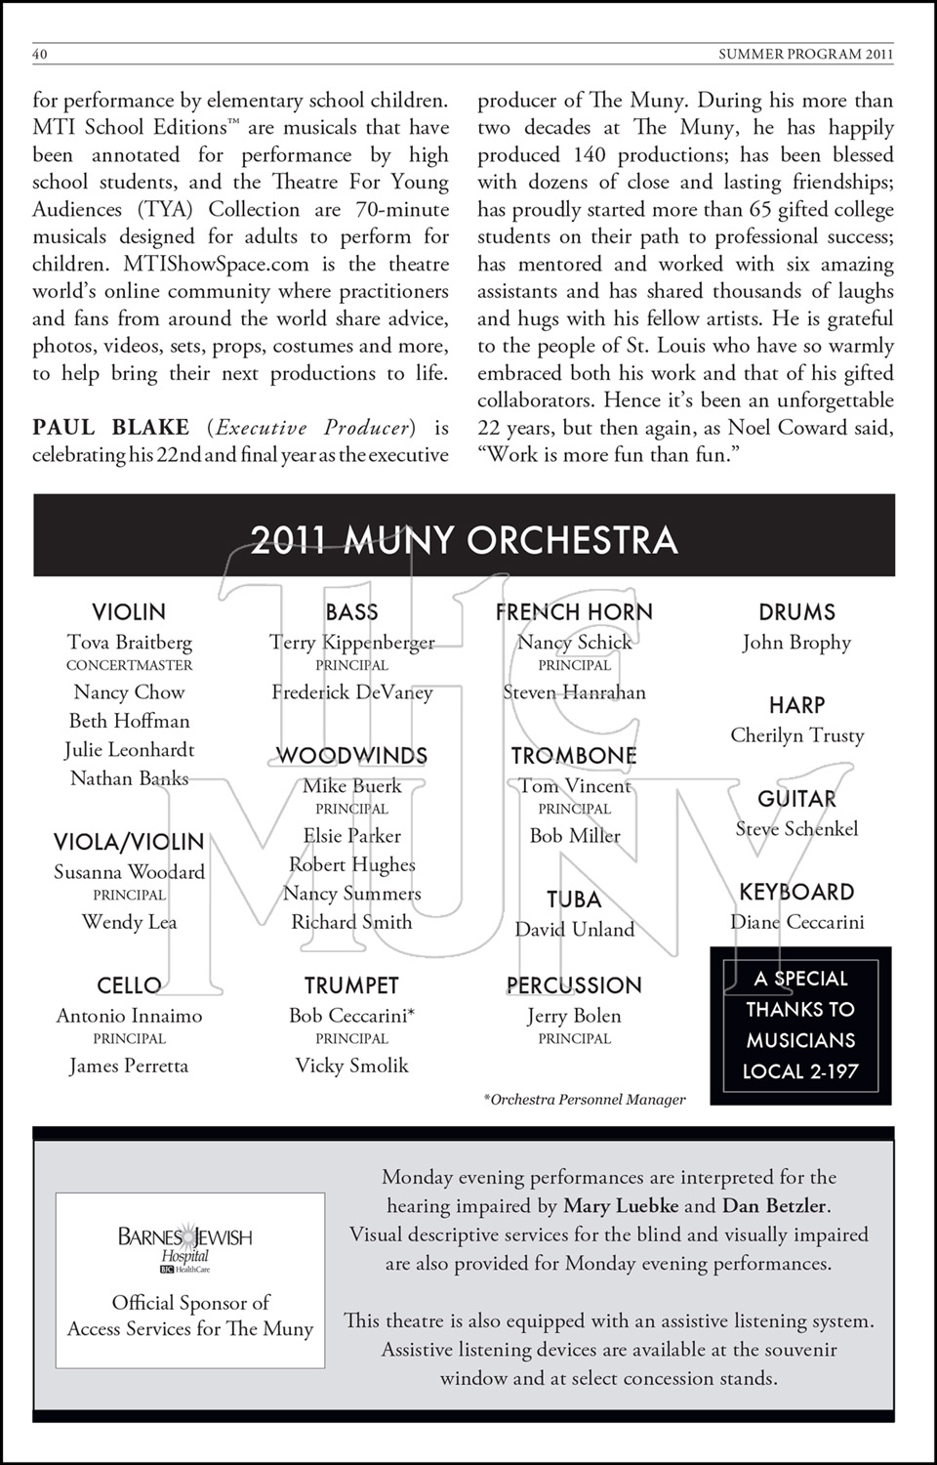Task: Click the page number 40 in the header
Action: click(40, 55)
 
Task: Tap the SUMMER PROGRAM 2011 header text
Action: click(805, 55)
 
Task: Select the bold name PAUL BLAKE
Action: click(110, 428)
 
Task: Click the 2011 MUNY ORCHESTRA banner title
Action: click(464, 540)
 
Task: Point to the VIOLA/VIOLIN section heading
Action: click(129, 842)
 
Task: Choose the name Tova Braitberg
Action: click(130, 643)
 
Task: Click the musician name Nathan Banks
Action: click(130, 778)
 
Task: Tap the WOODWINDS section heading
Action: click(351, 756)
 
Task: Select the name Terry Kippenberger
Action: click(351, 643)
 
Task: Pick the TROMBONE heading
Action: click(574, 756)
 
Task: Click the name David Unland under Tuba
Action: click(575, 930)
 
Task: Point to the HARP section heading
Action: click(796, 705)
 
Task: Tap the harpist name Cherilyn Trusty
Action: click(797, 735)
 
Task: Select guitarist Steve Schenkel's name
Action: click(797, 829)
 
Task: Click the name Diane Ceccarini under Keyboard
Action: click(797, 922)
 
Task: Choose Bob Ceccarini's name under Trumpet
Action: click(351, 1016)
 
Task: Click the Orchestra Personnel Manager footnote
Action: click(586, 1100)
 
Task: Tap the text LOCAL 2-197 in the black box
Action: click(800, 1071)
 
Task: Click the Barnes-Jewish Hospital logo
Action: click(185, 1245)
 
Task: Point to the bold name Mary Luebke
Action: click(621, 1206)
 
